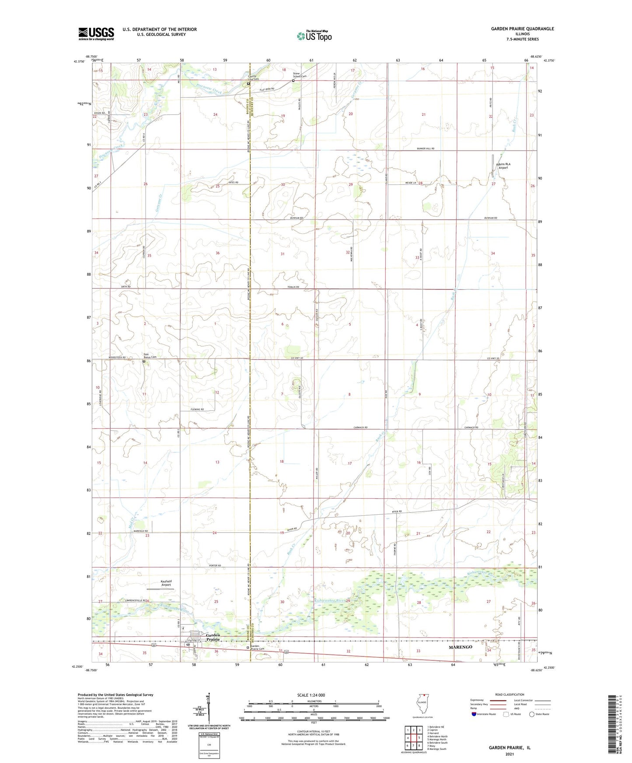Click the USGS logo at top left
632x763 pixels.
point(96,34)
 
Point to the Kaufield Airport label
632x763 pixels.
point(165,583)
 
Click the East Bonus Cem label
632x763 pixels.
point(150,357)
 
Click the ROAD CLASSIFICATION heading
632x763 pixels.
point(510,694)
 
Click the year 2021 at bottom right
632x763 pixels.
point(510,754)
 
